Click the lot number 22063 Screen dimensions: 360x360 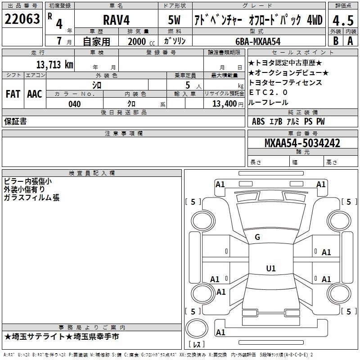pyautogui.click(x=22, y=19)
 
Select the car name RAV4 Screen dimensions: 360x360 pyautogui.click(x=116, y=20)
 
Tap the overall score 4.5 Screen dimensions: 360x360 pyautogui.click(x=343, y=21)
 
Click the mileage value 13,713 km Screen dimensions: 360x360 pyautogui.click(x=54, y=65)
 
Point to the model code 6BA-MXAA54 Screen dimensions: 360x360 pyautogui.click(x=258, y=41)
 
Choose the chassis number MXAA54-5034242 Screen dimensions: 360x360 pyautogui.click(x=302, y=143)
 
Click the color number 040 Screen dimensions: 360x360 pyautogui.click(x=75, y=104)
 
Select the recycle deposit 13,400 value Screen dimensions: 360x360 pyautogui.click(x=225, y=104)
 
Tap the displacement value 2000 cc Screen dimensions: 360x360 pyautogui.click(x=141, y=41)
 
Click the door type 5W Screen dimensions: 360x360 pyautogui.click(x=174, y=20)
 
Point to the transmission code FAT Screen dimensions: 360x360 pyautogui.click(x=13, y=94)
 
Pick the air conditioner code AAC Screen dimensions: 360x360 pyautogui.click(x=35, y=94)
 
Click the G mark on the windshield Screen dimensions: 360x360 pyautogui.click(x=257, y=237)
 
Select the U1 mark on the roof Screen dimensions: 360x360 pyautogui.click(x=271, y=268)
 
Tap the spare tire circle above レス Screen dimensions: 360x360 pyautogui.click(x=197, y=328)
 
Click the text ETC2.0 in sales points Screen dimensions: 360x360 pyautogui.click(x=268, y=92)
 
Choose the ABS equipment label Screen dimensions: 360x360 pyautogui.click(x=258, y=121)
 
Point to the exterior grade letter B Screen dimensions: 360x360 pyautogui.click(x=336, y=41)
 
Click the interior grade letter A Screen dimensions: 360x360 pyautogui.click(x=350, y=41)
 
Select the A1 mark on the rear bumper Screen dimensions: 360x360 pyautogui.click(x=220, y=332)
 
